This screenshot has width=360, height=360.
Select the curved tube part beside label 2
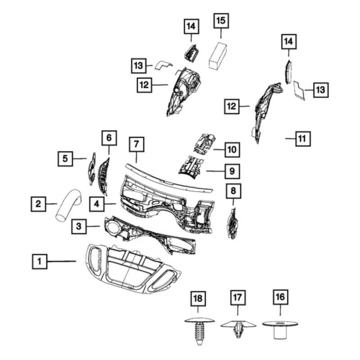68,206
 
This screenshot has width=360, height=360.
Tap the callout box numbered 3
79,227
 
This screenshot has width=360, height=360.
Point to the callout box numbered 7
137,145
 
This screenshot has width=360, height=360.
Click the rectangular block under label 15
219,55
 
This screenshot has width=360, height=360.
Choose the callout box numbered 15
220,21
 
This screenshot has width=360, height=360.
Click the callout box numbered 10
232,149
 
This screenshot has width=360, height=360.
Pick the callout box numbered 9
232,171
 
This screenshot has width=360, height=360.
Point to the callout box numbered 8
233,191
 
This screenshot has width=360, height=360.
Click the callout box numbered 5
65,158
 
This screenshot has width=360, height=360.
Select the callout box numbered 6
109,137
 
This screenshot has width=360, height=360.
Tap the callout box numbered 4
97,204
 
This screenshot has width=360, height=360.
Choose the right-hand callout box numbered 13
320,90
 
